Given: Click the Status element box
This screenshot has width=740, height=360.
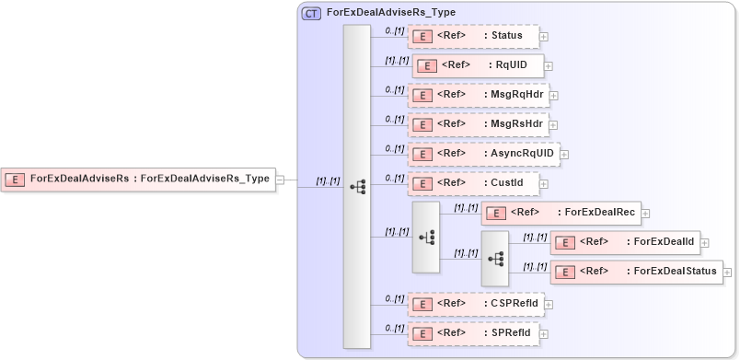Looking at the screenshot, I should (x=473, y=36).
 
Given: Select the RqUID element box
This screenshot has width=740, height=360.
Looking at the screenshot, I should (x=478, y=65).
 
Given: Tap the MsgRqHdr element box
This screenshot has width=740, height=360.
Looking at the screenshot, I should (x=478, y=95).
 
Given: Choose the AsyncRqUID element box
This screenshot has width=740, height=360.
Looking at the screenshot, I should (x=483, y=154).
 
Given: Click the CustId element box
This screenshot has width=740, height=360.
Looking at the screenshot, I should (x=473, y=183).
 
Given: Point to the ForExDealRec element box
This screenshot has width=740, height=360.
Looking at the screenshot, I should (x=561, y=213).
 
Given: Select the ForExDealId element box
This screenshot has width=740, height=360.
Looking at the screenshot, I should (x=625, y=242).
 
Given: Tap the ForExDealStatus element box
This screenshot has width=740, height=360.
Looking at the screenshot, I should (x=636, y=272).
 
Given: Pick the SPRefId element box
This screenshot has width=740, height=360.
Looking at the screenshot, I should (x=473, y=332).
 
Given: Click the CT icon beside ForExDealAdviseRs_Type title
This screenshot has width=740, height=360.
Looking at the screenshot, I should (x=312, y=14).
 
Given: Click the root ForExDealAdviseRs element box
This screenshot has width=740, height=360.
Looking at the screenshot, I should (x=139, y=180).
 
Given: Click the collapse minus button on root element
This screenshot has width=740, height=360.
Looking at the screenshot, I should (x=281, y=180).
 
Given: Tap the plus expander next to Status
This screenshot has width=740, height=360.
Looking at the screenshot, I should (x=544, y=37).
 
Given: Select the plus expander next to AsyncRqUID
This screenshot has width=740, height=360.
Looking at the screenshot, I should (x=564, y=155).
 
